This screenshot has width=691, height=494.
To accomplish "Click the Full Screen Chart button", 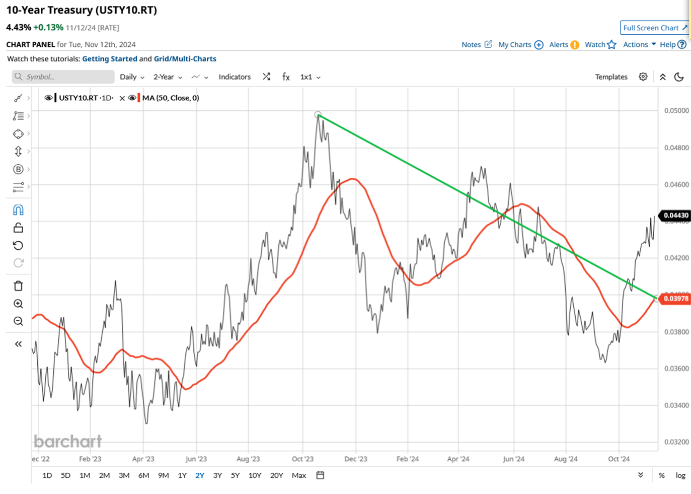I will pyautogui.click(x=654, y=28).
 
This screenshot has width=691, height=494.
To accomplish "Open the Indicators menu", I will pyautogui.click(x=235, y=77).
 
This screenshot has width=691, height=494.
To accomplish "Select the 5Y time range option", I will pyautogui.click(x=235, y=475).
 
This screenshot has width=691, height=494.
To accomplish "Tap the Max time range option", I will pyautogui.click(x=299, y=475).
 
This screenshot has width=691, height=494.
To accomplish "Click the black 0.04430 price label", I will pyautogui.click(x=675, y=216).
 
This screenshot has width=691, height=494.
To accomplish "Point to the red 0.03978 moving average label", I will pyautogui.click(x=675, y=299).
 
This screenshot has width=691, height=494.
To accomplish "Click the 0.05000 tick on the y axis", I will pyautogui.click(x=676, y=111).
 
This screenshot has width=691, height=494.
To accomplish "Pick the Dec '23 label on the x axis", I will pyautogui.click(x=355, y=459).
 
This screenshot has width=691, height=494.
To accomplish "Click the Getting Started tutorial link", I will pyautogui.click(x=110, y=59).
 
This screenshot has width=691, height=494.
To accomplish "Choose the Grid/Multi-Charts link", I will pyautogui.click(x=185, y=59).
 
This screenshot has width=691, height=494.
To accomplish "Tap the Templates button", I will pyautogui.click(x=611, y=77).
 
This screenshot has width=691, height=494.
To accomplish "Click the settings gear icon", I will pyautogui.click(x=643, y=77).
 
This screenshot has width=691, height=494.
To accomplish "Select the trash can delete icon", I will pyautogui.click(x=19, y=286).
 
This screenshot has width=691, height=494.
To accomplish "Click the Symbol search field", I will pyautogui.click(x=63, y=77).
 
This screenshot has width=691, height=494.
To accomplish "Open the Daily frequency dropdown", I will pyautogui.click(x=132, y=77).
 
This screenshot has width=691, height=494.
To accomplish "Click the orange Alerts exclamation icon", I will pyautogui.click(x=575, y=45).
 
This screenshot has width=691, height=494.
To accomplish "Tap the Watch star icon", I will pyautogui.click(x=612, y=45).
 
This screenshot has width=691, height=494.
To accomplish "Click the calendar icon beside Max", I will pyautogui.click(x=320, y=475).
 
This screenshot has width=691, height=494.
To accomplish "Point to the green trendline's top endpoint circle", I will pyautogui.click(x=318, y=115).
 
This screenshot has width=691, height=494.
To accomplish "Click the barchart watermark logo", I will pyautogui.click(x=68, y=442).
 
